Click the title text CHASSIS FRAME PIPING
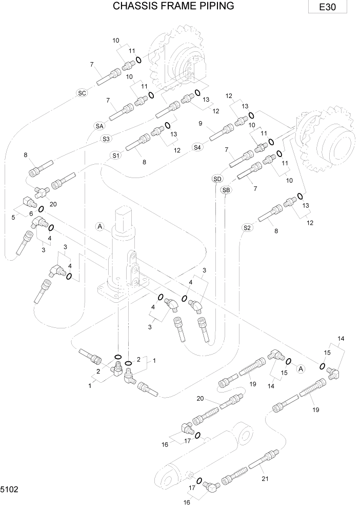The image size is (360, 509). (x=166, y=6)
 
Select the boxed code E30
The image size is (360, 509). (x=328, y=8)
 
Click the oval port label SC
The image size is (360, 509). (x=82, y=93)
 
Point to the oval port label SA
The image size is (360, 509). (x=99, y=126)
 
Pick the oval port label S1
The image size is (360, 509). (x=115, y=155)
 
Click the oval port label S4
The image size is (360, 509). (x=198, y=147)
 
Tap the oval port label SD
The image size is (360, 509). (x=217, y=179)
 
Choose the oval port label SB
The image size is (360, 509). (x=226, y=190)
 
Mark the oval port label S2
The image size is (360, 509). (x=247, y=227)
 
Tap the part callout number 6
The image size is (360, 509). (x=31, y=213)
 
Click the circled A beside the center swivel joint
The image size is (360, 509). (x=99, y=226)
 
